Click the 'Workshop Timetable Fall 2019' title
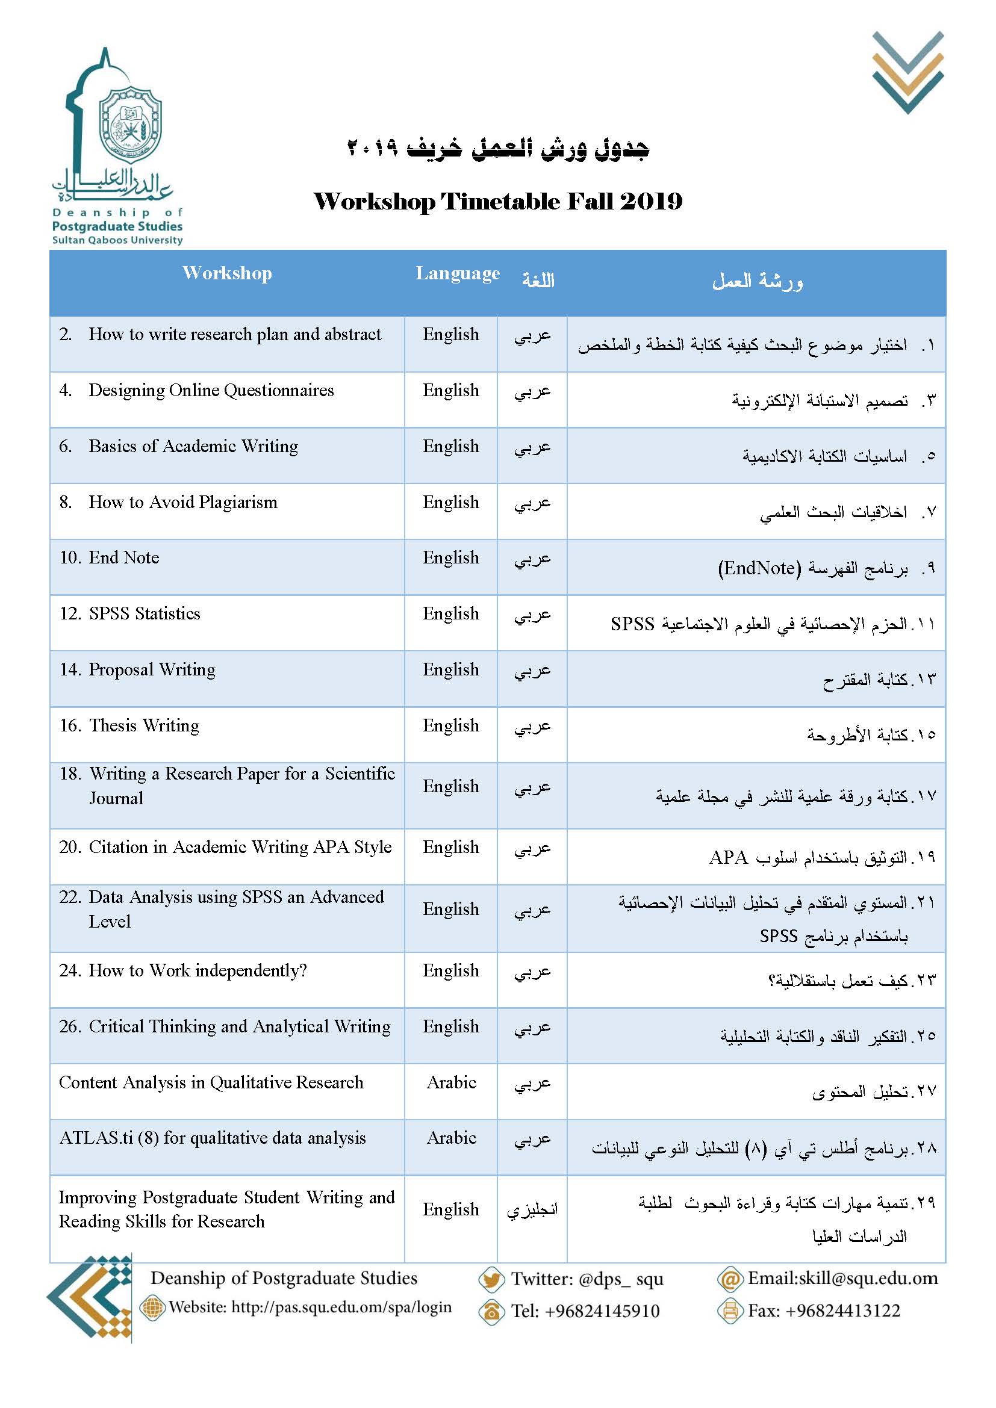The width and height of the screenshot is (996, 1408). coord(497,202)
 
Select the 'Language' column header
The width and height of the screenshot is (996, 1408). coord(458,273)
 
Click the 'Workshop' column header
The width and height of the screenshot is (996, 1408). coord(227,273)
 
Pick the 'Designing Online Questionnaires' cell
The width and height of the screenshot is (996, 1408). coord(211,391)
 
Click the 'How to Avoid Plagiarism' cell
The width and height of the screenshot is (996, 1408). coord(183,502)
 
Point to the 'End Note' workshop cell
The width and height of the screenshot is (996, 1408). coord(124,557)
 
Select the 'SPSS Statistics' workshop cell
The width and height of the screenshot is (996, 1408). coord(144,614)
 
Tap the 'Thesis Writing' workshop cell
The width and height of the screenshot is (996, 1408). coord(144,725)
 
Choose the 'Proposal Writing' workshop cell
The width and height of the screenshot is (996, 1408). coord(152,669)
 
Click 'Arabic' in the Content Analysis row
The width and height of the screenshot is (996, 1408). coord(452,1082)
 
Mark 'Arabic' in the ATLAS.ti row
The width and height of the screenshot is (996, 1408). coord(452,1138)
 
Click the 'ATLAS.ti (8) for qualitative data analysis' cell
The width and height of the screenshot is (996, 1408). coord(212,1138)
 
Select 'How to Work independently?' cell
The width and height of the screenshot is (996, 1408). coord(198,971)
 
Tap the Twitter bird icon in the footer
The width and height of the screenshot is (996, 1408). coord(491,1279)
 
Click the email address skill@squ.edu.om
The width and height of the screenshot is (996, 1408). coord(842,1279)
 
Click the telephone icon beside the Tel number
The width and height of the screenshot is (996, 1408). coord(491,1312)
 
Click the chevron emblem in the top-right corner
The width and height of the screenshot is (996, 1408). coord(907,72)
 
